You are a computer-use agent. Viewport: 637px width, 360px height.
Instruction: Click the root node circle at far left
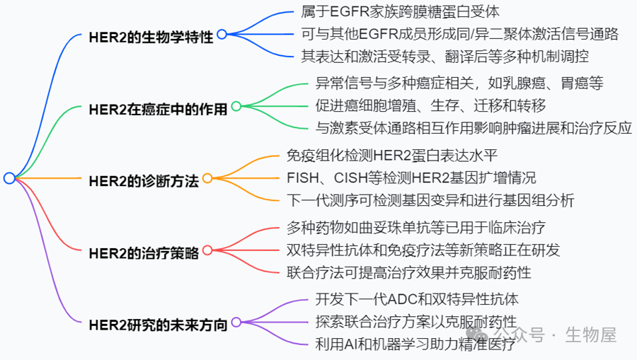coord(8,178)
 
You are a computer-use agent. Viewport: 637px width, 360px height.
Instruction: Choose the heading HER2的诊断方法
coord(144,180)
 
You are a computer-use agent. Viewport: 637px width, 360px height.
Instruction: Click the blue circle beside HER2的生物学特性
coord(222,34)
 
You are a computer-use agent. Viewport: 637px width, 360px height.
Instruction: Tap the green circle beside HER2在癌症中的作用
coord(236,106)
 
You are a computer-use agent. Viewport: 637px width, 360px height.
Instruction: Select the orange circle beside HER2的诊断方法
coord(207,178)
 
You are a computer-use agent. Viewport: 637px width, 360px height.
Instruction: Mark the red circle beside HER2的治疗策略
coord(207,250)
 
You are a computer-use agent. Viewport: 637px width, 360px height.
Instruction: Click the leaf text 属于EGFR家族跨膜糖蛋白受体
coord(401,13)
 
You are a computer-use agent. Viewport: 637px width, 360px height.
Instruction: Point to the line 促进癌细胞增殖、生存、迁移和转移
coord(430,106)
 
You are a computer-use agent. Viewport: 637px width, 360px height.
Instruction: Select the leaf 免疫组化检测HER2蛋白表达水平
coord(396,155)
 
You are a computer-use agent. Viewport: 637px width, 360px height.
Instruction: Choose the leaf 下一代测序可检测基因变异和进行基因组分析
coord(430,200)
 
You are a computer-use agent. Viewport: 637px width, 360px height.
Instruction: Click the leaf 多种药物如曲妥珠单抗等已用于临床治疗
coord(416,227)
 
